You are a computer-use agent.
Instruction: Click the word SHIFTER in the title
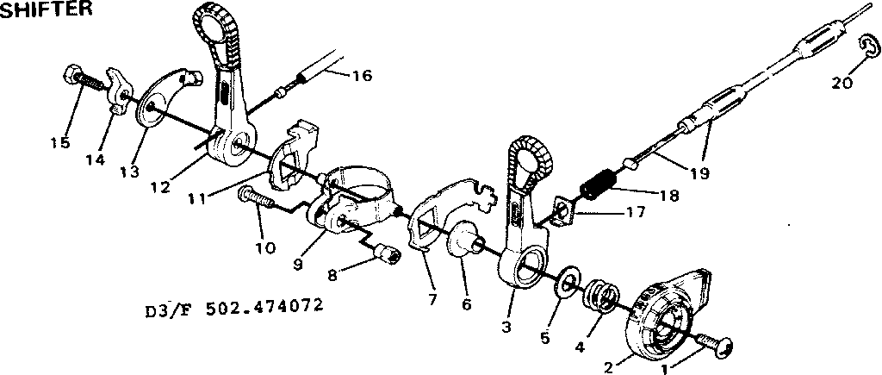pos(46,9)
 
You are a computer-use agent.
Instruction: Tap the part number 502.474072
pos(264,306)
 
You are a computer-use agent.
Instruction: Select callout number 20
pos(842,83)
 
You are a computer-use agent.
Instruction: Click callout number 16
pos(363,75)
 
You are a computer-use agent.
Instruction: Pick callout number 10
pos(265,247)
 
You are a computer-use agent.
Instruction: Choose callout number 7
pos(432,299)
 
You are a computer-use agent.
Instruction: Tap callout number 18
pos(668,196)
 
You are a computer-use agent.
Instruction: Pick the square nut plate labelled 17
pos(562,212)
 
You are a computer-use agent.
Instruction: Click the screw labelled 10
pos(257,197)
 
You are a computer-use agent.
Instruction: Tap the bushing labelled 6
pos(466,242)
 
